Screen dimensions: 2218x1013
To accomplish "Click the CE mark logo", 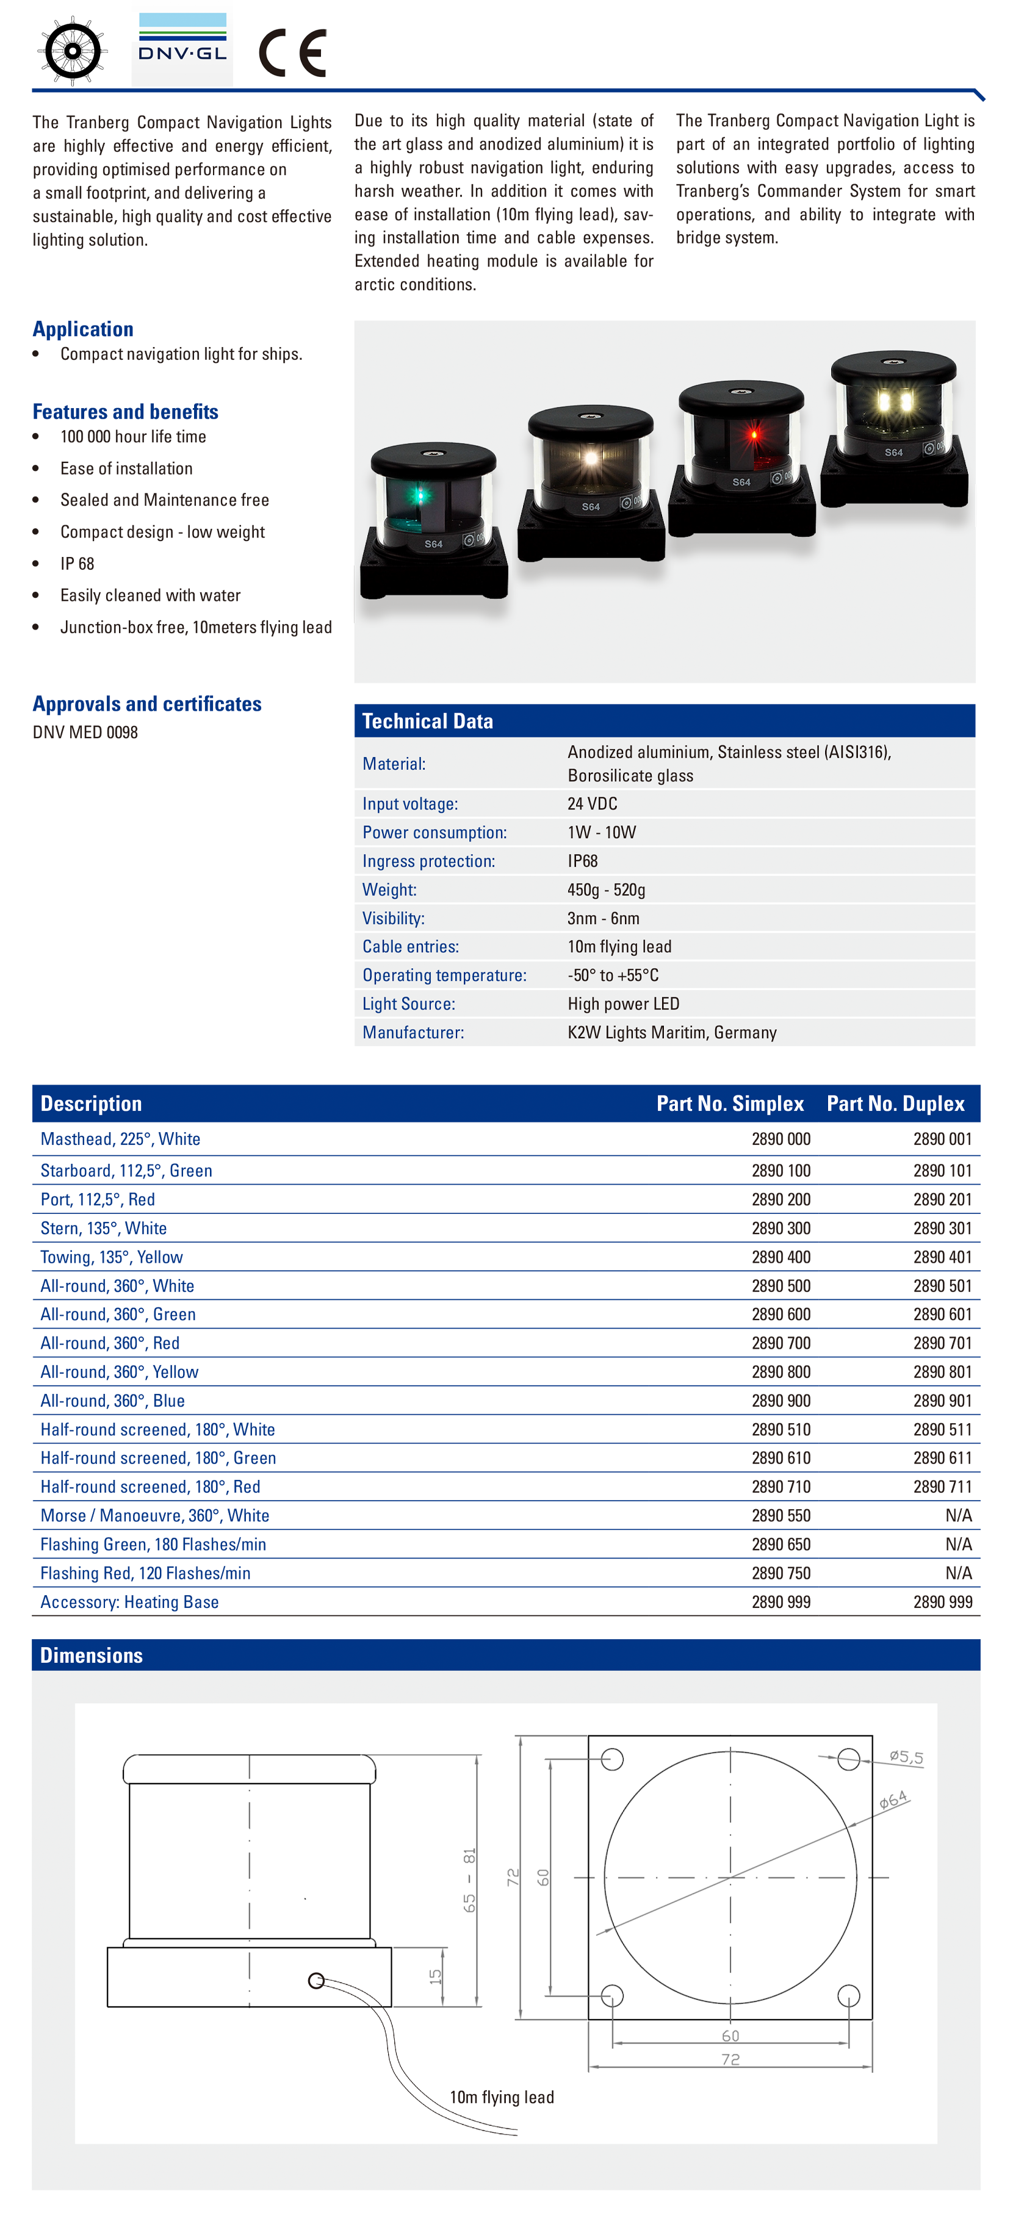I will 293,52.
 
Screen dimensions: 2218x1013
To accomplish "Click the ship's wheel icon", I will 73,51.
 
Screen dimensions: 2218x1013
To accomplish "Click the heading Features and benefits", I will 126,412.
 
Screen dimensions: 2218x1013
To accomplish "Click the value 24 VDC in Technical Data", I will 593,803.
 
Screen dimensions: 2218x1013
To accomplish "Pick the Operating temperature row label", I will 444,975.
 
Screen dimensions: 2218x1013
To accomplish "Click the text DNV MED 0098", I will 85,733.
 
